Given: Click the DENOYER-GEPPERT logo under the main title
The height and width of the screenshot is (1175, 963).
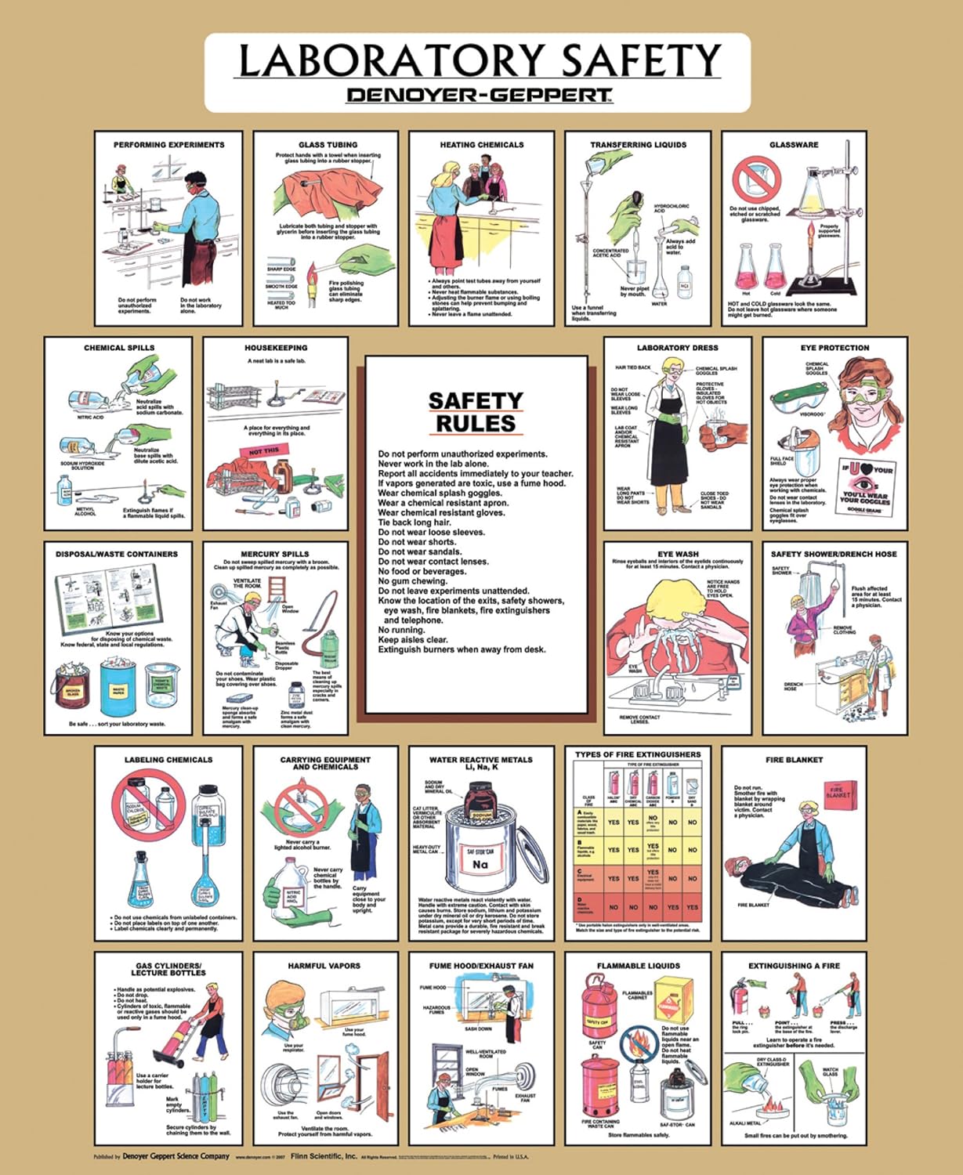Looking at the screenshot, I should [x=479, y=96].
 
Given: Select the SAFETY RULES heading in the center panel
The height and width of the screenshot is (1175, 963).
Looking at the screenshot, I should [x=476, y=412].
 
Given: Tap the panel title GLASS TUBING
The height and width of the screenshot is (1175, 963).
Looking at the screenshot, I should [x=328, y=145].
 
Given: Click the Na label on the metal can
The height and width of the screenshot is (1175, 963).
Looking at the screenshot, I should [x=480, y=865].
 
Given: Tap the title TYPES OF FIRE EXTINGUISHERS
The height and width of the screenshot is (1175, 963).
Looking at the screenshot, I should [x=638, y=754].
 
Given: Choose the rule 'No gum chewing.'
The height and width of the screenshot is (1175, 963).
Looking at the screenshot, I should [x=412, y=581].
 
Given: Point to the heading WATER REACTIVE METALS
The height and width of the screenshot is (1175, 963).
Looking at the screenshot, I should [x=480, y=760].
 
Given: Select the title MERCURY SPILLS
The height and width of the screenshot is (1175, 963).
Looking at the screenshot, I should [x=274, y=554].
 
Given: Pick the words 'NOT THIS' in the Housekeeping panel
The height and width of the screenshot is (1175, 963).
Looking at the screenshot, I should [x=264, y=451].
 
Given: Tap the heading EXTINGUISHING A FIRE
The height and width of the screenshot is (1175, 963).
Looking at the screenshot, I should [x=794, y=966].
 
